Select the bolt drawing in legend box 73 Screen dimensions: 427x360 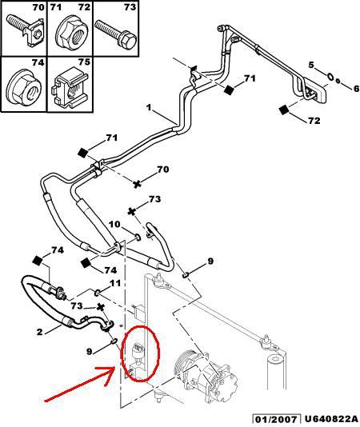pos(116,34)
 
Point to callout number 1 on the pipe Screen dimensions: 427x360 pos(149,107)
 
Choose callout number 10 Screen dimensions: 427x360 pos(114,226)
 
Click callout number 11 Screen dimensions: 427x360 pos(115,284)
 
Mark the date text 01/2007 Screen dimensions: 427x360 pos(274,418)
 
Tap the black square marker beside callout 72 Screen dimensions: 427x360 pos(284,110)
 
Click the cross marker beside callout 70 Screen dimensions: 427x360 pos(137,184)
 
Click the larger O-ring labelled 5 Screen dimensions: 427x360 pos(329,77)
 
